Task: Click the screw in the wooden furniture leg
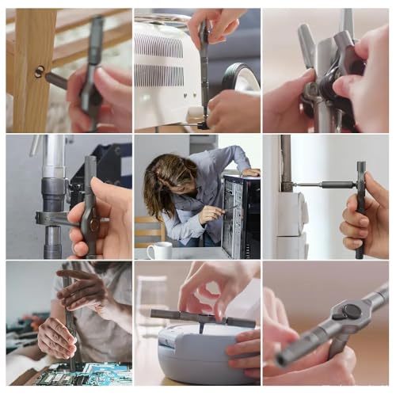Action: (x=39, y=72)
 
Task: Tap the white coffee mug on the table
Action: (x=159, y=251)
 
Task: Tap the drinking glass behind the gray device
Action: (x=150, y=301)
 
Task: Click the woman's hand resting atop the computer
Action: (x=250, y=172)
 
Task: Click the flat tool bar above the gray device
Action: (x=203, y=318)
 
